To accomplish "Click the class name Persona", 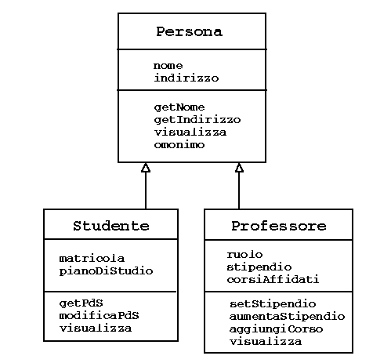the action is [x=189, y=31].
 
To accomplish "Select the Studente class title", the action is [x=111, y=226].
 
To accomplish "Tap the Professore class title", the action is [x=279, y=226].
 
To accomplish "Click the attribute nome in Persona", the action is [x=168, y=66].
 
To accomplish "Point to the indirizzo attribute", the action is [x=186, y=78].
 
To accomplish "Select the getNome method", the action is [x=179, y=107].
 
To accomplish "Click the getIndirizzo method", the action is [x=197, y=120].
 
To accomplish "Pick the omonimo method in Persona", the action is [x=179, y=145].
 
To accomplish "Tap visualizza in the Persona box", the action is [x=190, y=132].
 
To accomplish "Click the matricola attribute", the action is [x=92, y=259].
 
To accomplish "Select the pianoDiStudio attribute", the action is [x=106, y=271].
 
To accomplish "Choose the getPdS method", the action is [x=81, y=303].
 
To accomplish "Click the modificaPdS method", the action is [x=99, y=315].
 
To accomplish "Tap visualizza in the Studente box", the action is [x=96, y=328].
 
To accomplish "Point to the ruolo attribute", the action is [x=244, y=254].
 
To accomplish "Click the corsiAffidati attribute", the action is [x=273, y=279].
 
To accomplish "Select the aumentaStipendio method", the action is [x=287, y=317].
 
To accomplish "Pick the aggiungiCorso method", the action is [x=276, y=329].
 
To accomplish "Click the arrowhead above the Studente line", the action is [x=146, y=168].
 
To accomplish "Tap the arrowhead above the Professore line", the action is [x=239, y=168].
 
